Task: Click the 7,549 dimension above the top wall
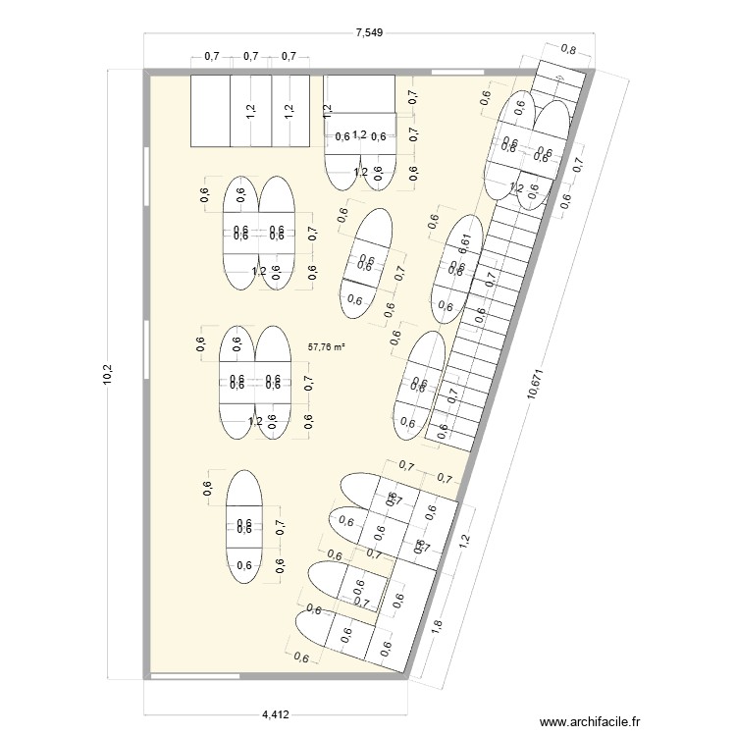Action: point(368,32)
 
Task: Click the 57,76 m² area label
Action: point(327,346)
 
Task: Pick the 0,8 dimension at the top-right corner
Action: point(568,50)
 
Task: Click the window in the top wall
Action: point(475,72)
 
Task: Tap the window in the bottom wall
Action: point(196,675)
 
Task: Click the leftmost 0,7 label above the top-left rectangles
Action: point(211,57)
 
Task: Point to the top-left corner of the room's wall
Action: point(147,72)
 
